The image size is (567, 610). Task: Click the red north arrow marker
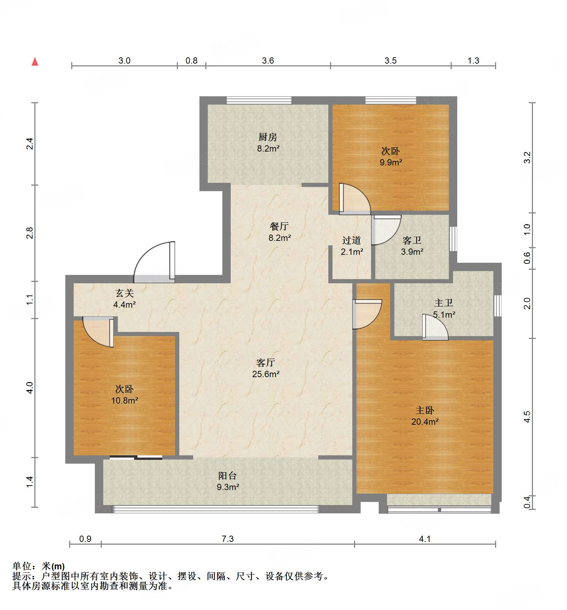tap(35, 62)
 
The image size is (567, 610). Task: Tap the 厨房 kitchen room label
tap(268, 137)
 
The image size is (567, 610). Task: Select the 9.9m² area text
tap(391, 162)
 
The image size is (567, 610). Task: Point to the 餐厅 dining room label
tap(279, 227)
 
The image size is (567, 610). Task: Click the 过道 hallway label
tap(351, 241)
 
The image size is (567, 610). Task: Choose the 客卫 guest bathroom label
tap(412, 241)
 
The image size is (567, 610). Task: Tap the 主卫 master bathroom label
tap(444, 303)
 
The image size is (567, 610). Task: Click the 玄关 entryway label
tap(125, 293)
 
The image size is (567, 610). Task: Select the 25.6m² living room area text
tap(266, 374)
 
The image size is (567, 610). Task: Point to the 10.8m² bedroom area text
tap(124, 400)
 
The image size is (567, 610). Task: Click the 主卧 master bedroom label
tap(425, 410)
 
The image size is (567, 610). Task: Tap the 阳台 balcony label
tap(228, 476)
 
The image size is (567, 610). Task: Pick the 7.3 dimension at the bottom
tap(228, 539)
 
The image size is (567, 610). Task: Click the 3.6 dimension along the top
tap(268, 61)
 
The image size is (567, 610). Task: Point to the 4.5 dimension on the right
tap(527, 417)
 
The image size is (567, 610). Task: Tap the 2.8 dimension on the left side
tap(30, 233)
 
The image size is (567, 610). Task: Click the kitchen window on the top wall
tap(259, 100)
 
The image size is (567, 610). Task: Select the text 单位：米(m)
tap(39, 567)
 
